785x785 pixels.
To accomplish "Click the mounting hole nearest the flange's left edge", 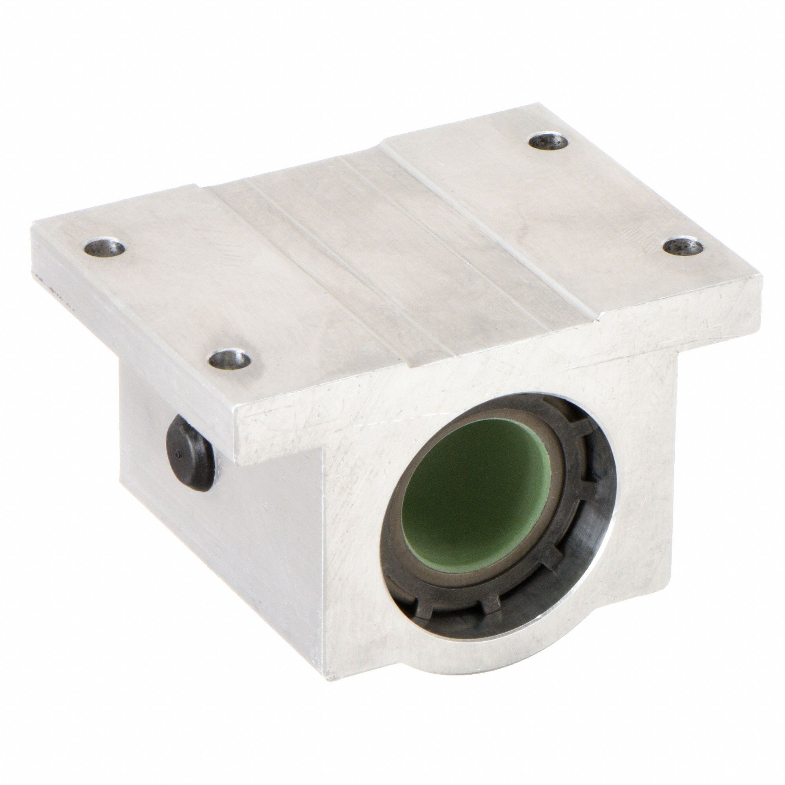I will [x=104, y=247].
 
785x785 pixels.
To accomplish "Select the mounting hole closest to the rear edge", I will [x=549, y=153].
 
